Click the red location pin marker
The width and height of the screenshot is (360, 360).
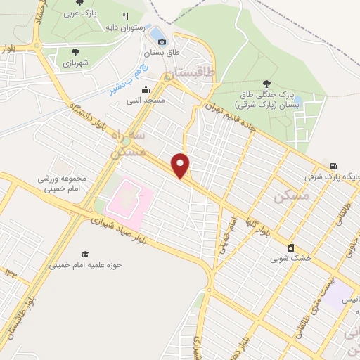(x=181, y=165)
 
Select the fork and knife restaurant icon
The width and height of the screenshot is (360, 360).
(x=125, y=16)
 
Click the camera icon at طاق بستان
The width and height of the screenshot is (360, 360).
(x=162, y=41)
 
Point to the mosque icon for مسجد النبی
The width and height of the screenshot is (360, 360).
(x=146, y=89)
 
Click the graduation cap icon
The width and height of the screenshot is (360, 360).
(x=85, y=254)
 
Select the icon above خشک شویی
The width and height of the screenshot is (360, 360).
(x=290, y=247)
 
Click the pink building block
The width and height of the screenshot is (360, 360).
(x=129, y=197)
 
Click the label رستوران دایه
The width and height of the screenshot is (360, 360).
(x=127, y=28)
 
